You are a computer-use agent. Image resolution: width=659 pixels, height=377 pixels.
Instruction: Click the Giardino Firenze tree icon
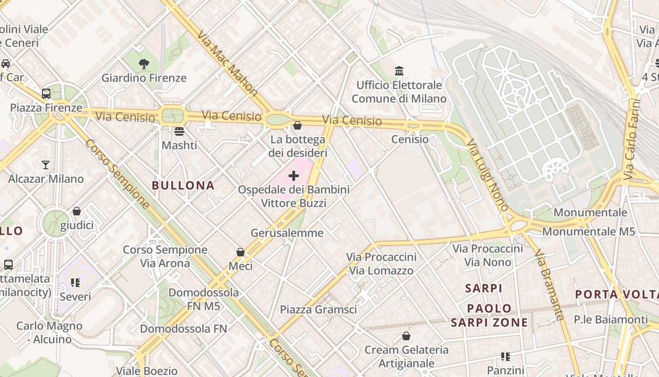(144, 64)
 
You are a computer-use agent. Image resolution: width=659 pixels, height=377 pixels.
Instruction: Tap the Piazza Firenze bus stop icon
(46, 93)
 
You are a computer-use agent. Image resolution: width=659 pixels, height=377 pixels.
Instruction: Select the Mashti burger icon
(179, 131)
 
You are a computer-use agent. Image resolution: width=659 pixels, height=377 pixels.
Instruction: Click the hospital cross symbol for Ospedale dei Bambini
(294, 176)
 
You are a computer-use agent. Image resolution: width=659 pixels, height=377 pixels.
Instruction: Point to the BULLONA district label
(183, 185)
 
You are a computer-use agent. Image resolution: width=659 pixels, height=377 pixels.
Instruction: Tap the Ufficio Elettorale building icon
(399, 71)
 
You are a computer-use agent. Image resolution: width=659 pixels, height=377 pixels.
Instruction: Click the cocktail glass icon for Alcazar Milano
(46, 164)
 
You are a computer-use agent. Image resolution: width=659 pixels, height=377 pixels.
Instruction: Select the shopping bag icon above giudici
(76, 211)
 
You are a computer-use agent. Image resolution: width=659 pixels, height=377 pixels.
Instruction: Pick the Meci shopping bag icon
(241, 252)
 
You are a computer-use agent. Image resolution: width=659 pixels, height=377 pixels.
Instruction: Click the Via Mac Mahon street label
(228, 64)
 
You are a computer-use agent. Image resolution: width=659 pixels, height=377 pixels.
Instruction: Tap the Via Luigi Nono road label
(487, 174)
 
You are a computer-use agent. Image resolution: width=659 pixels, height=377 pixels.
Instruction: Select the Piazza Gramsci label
(318, 310)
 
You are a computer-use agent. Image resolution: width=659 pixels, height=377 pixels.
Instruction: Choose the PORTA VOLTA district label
(617, 295)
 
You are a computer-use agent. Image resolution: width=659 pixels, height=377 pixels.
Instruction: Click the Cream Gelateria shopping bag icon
(406, 336)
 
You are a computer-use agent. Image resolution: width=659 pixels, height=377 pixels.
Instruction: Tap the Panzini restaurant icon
(506, 356)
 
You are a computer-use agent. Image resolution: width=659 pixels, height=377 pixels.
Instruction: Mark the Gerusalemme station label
(287, 233)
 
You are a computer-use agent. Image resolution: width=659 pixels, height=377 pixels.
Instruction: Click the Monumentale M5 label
(589, 231)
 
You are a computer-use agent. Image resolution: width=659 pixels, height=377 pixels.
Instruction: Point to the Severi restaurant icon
(75, 283)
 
